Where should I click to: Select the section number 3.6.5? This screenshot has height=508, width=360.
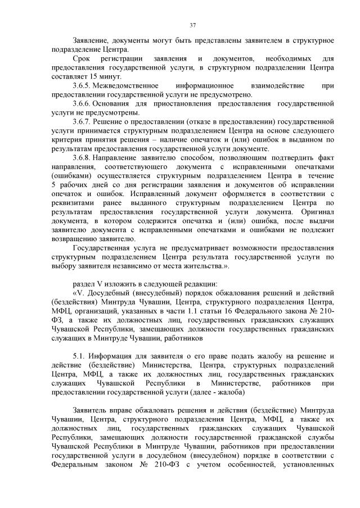82,85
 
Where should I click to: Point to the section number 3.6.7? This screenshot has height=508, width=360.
82,121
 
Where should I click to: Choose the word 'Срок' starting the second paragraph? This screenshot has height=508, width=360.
82,58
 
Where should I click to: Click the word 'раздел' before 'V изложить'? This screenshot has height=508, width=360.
84,283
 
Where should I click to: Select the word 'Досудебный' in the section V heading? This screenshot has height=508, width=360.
110,293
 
